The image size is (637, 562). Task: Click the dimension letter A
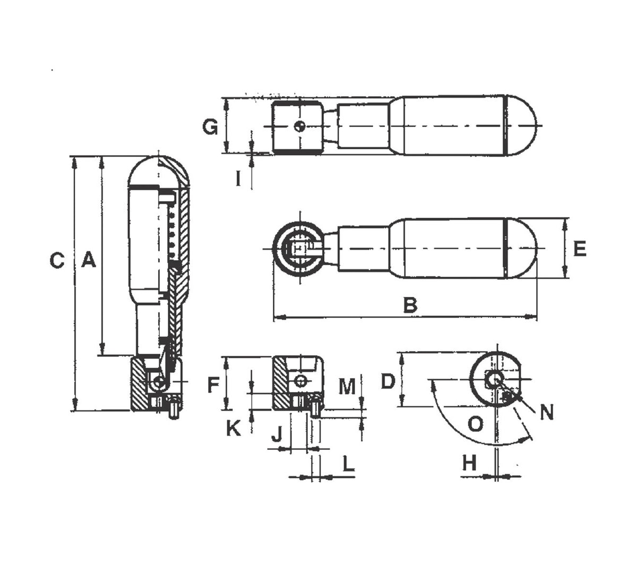(89, 261)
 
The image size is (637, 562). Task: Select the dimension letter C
(57, 261)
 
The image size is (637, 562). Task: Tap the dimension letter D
(389, 381)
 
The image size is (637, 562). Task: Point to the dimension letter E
(580, 249)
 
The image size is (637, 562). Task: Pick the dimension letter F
(213, 385)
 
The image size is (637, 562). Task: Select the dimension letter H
(469, 463)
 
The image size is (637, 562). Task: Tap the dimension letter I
(238, 180)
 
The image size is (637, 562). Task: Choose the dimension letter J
(277, 435)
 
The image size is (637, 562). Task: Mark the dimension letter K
(234, 428)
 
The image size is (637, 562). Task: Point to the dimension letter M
(347, 387)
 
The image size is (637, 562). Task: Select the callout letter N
(546, 412)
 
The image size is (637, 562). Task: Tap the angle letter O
(476, 424)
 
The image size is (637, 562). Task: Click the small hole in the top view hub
(300, 126)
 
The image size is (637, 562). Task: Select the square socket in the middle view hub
(299, 249)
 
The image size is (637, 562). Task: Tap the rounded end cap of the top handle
(521, 125)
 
